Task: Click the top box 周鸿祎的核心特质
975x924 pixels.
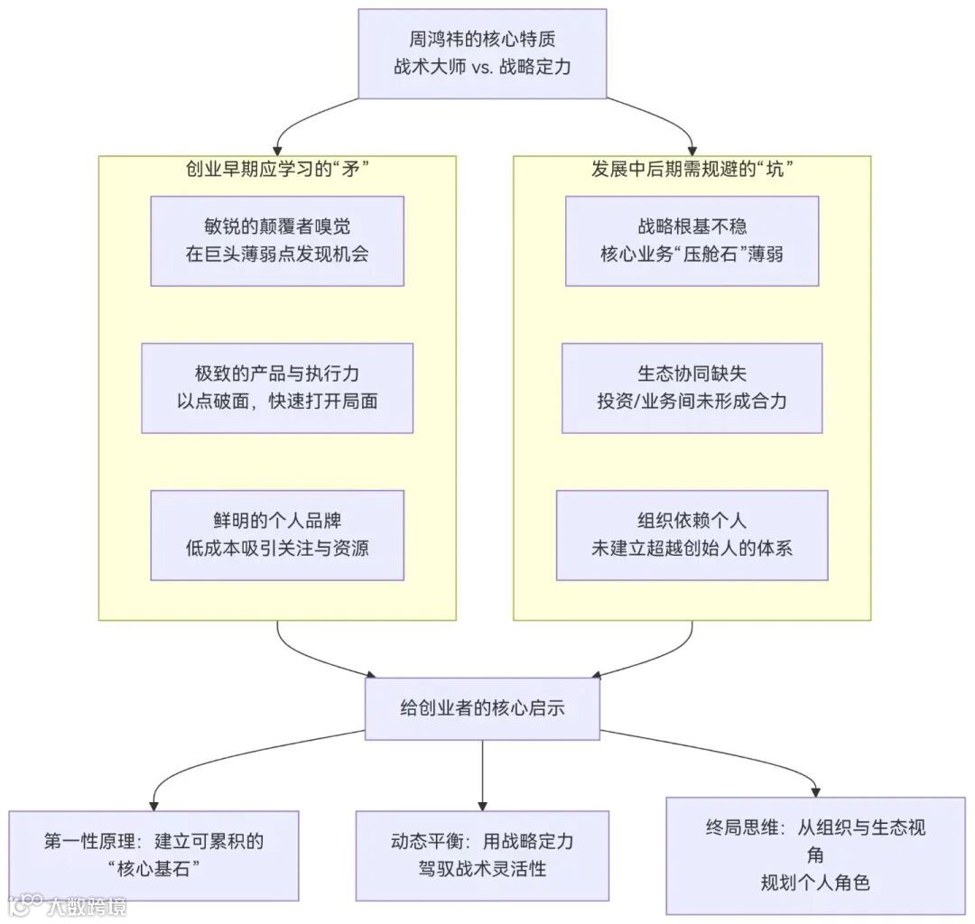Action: (x=482, y=53)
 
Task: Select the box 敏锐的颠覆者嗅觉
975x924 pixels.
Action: (x=276, y=241)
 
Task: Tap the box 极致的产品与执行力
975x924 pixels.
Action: (x=276, y=388)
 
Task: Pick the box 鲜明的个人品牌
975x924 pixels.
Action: (x=276, y=535)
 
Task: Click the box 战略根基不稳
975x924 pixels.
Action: (x=692, y=241)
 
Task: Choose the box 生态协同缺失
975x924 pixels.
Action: (x=692, y=388)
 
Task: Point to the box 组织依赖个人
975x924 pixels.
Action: (x=692, y=535)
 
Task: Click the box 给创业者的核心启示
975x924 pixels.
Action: (x=482, y=708)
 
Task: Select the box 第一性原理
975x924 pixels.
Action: (x=153, y=855)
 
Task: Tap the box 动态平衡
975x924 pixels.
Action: (x=482, y=855)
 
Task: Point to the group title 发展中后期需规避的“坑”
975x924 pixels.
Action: (x=692, y=170)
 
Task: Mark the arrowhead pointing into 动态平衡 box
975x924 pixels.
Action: (x=482, y=804)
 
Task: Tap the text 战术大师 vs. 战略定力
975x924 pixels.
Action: (x=482, y=67)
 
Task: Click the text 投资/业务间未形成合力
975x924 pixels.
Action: (x=692, y=401)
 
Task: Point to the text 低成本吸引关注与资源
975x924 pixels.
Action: (x=276, y=548)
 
